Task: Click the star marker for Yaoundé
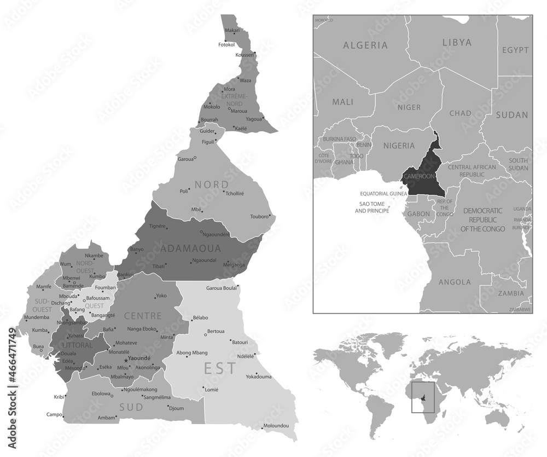click(x=126, y=360)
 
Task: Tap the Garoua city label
click(x=185, y=159)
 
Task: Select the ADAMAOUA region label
click(x=191, y=248)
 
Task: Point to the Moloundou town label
click(x=276, y=426)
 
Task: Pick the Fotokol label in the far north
click(x=226, y=44)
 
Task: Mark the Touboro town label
click(x=260, y=216)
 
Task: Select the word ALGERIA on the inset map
click(x=365, y=45)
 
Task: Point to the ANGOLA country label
click(x=455, y=282)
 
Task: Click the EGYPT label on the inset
click(x=516, y=50)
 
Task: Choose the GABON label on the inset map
click(x=418, y=213)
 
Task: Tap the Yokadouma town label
click(x=259, y=377)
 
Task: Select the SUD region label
click(x=131, y=407)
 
